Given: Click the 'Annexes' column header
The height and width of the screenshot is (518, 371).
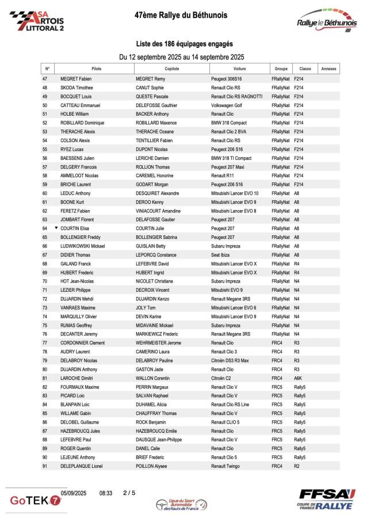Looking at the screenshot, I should coord(328,68).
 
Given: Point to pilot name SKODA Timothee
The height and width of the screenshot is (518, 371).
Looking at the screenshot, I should coord(77,87).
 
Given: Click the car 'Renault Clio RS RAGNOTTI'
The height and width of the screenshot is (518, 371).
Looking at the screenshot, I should coord(236,96).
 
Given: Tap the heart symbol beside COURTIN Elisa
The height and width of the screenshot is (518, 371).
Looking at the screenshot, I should coord(56,228).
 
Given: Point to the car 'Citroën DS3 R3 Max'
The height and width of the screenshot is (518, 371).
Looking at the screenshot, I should coord(230,360).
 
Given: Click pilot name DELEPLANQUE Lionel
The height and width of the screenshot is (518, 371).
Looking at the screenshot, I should coord(82,466).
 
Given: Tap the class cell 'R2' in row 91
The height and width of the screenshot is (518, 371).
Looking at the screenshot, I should coord(296,466).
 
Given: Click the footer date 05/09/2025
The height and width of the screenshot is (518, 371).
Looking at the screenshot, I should coord(74,493).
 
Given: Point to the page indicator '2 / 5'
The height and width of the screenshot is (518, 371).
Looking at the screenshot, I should coord(129,493).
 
